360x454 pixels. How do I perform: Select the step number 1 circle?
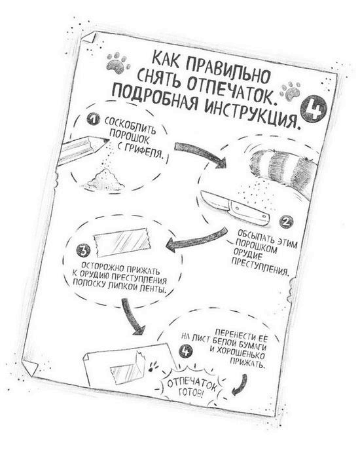tap(93, 120)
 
